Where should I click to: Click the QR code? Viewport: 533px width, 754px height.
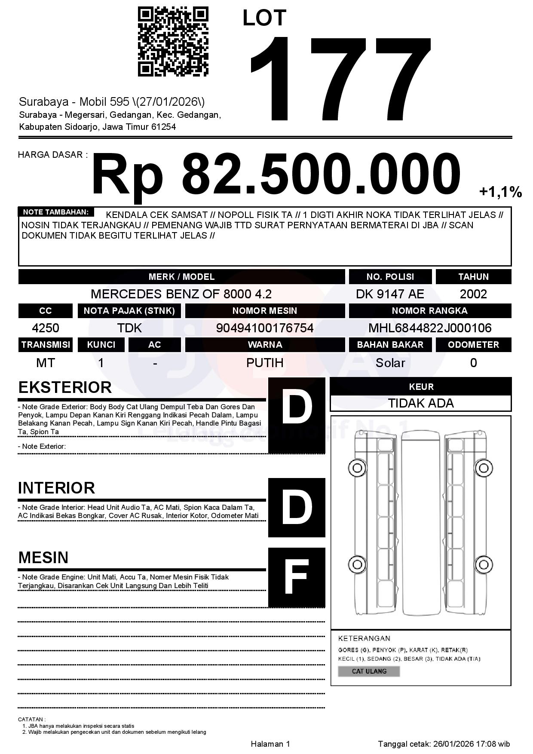[173, 42]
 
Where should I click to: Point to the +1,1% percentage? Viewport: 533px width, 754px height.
[500, 192]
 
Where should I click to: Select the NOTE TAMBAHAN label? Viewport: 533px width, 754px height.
[56, 212]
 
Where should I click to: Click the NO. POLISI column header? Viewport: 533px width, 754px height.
[390, 277]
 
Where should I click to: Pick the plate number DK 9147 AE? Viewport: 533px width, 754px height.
[390, 294]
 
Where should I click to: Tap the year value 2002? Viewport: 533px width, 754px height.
[473, 294]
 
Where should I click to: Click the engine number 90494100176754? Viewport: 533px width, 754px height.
[264, 328]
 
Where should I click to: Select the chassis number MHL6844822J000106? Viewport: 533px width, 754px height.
[430, 328]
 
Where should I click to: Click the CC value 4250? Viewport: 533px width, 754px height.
[46, 328]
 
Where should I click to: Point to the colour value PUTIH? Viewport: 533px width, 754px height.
[264, 363]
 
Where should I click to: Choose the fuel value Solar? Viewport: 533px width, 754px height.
[390, 363]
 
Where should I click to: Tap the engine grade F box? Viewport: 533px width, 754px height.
[297, 577]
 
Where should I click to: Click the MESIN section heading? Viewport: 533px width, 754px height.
[43, 558]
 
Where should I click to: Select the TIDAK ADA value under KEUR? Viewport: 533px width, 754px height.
[421, 403]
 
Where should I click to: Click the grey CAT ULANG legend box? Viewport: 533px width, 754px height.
[369, 671]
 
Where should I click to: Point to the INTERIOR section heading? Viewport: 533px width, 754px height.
[56, 488]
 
